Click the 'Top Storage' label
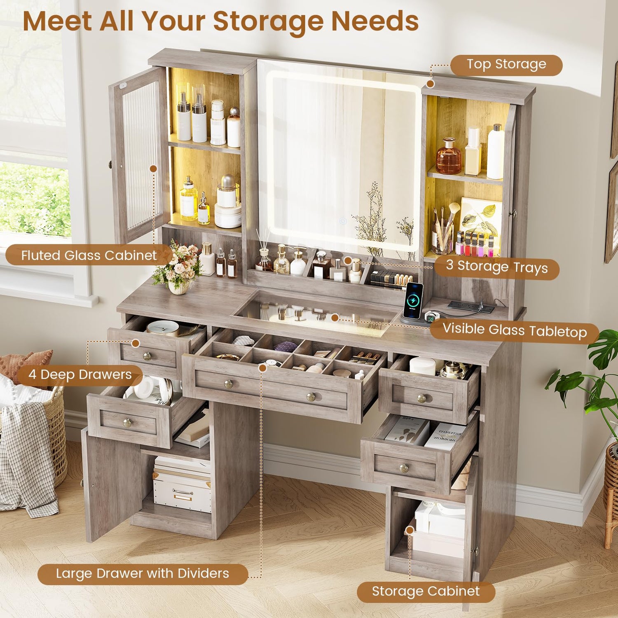[506, 65]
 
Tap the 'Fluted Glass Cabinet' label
[89, 255]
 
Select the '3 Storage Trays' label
[497, 267]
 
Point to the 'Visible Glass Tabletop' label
[515, 330]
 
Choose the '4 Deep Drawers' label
[80, 375]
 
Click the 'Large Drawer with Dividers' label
[143, 574]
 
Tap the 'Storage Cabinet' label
[426, 591]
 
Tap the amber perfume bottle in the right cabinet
[448, 157]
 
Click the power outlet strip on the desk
[471, 306]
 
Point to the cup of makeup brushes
[443, 231]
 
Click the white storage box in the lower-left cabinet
[182, 485]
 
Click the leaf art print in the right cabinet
[480, 222]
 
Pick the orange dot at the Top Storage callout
[431, 84]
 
